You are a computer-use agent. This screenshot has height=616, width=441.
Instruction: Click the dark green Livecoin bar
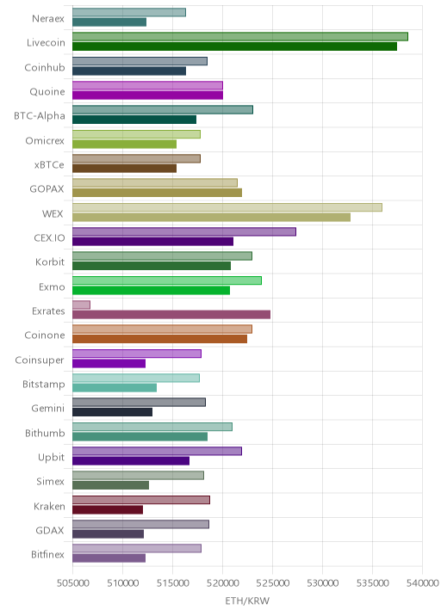click(234, 46)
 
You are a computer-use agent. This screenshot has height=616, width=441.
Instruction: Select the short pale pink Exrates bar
click(81, 305)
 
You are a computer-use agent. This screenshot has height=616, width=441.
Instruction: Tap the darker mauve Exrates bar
click(171, 315)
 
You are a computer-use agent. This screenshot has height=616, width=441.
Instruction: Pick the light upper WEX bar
click(227, 207)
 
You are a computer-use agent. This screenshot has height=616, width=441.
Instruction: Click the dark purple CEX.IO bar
click(152, 242)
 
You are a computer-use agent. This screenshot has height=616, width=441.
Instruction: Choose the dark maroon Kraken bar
click(108, 510)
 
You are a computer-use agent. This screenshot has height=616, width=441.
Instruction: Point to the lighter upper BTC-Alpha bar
click(163, 109)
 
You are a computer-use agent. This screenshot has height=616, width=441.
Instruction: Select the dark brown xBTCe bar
click(124, 169)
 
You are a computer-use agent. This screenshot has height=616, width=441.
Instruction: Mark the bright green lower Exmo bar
click(151, 290)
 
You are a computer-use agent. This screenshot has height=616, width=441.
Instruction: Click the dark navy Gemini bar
click(112, 412)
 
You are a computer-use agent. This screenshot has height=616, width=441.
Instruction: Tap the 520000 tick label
click(223, 582)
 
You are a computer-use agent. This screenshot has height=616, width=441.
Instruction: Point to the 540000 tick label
click(423, 582)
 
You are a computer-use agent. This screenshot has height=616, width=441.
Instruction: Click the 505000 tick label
click(72, 582)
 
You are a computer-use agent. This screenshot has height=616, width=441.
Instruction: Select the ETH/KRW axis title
click(247, 601)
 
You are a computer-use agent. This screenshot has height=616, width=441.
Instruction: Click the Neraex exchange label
click(48, 18)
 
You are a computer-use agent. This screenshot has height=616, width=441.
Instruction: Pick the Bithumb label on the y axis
click(45, 433)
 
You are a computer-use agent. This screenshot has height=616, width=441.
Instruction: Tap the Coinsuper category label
click(40, 360)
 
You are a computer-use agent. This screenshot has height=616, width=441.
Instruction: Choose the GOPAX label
click(47, 189)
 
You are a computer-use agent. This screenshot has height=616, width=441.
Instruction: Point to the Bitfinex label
click(47, 554)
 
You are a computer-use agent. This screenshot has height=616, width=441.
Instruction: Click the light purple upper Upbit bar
click(157, 452)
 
